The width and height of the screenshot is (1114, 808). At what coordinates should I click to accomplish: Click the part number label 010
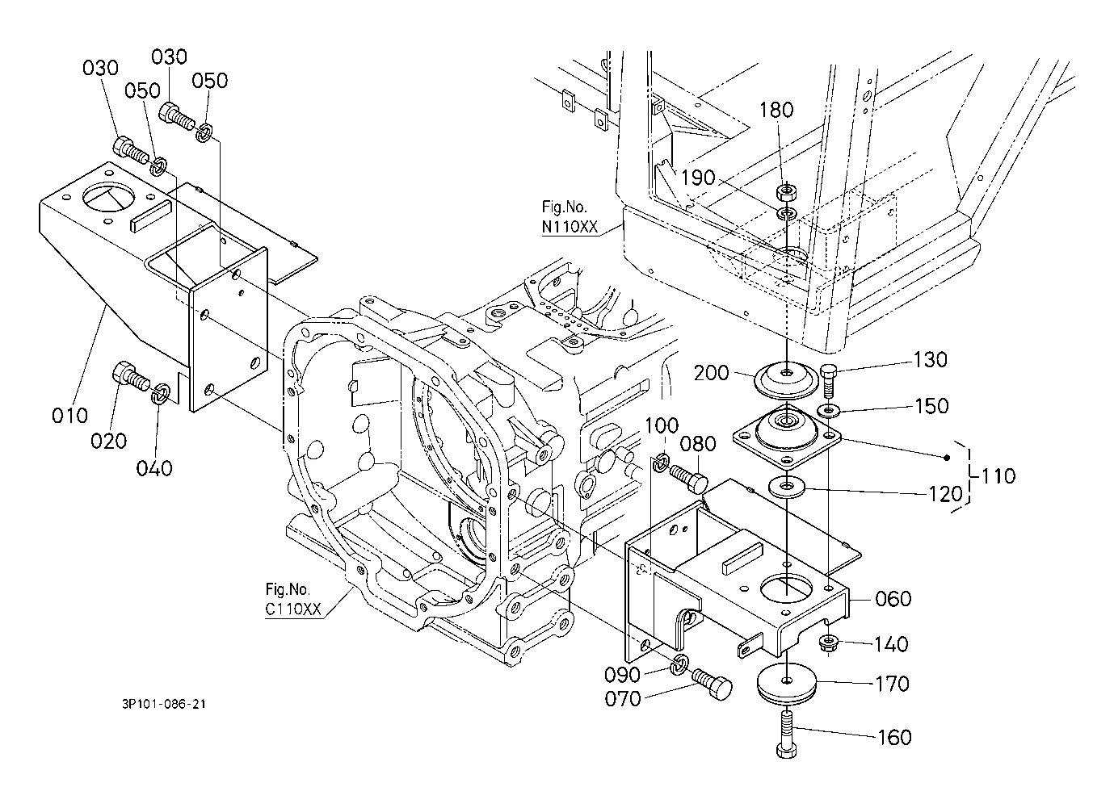click(x=69, y=416)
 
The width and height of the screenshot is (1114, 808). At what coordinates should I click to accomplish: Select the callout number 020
click(x=108, y=441)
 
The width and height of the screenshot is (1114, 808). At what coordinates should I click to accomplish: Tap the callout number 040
click(x=154, y=468)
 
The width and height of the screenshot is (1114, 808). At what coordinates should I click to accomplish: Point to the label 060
click(x=893, y=599)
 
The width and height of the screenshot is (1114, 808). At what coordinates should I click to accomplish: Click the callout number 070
click(x=623, y=699)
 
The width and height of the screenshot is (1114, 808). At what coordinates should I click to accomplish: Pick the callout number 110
click(x=998, y=476)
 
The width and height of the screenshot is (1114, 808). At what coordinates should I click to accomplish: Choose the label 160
click(x=894, y=738)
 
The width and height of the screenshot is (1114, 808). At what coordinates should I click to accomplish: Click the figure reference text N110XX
click(x=570, y=227)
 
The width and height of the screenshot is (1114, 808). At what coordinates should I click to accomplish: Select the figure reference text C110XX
click(x=293, y=609)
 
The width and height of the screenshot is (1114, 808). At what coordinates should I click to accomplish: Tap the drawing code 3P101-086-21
click(x=164, y=704)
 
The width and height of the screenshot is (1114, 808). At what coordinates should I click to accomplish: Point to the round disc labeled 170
click(x=787, y=684)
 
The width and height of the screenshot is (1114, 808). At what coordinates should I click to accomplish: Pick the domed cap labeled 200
click(x=786, y=379)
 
